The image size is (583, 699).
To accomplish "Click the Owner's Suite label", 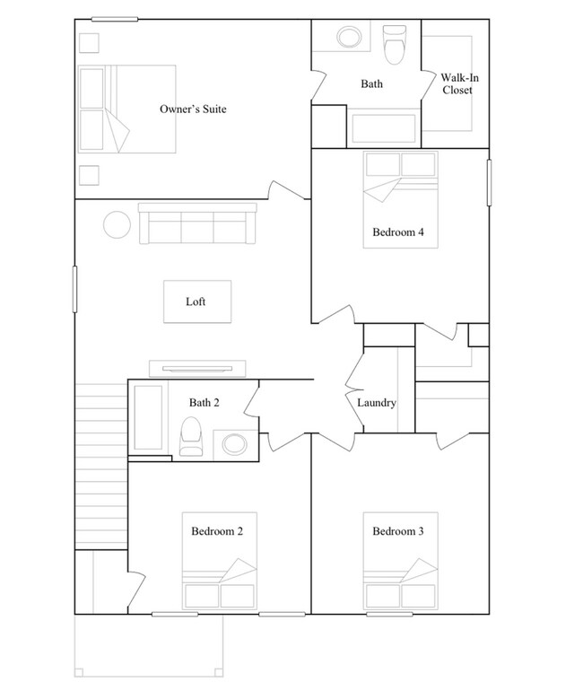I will coord(192,109).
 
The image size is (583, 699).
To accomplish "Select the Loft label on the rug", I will coord(196,301).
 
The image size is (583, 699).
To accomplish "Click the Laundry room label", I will coord(376,403).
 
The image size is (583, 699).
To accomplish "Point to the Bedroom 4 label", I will coord(397,232).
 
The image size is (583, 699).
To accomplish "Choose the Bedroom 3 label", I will coord(398,531).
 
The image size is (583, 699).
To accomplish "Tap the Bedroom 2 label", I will coord(216,531).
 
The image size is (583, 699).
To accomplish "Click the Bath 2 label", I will coord(204,403).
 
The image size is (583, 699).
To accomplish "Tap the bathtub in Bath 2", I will coord(148,419).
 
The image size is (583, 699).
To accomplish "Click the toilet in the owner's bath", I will coord(394,42).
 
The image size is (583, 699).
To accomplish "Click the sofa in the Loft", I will coord(197,223).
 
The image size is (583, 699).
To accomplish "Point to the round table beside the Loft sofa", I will coord(117,223).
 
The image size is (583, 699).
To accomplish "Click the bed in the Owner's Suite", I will coord(126,109).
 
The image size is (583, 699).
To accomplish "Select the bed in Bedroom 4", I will coord(400,199).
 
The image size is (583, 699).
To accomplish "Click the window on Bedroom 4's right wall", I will coord(490,184).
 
